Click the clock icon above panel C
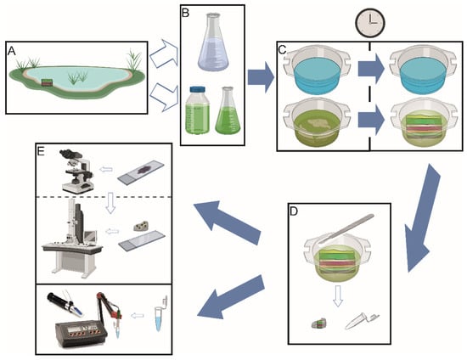click(370, 23)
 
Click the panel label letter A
click(12, 51)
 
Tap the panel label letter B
click(185, 13)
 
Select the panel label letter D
click(294, 211)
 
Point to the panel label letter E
click(40, 151)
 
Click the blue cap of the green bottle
click(198, 90)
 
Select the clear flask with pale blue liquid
click(212, 42)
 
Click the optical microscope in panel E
click(76, 171)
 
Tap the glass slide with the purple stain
click(141, 172)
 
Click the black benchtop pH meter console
click(81, 333)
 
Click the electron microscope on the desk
click(73, 236)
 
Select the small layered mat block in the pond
click(47, 82)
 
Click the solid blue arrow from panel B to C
click(261, 78)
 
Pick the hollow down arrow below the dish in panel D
click(337, 295)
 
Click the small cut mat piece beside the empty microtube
click(319, 323)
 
